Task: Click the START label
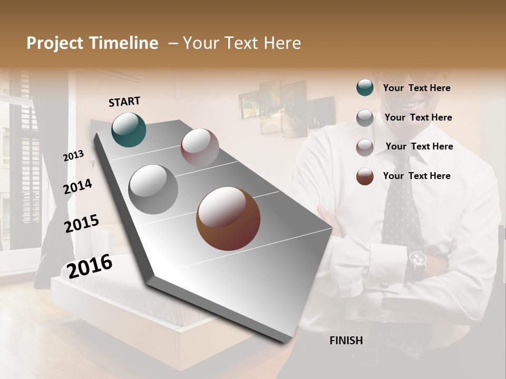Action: [x=124, y=102]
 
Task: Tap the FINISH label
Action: [x=346, y=341]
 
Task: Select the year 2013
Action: [x=73, y=155]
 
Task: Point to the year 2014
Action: [x=77, y=186]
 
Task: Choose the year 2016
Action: [x=90, y=266]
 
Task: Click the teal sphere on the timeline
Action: [x=129, y=129]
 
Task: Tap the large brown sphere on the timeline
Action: [x=228, y=218]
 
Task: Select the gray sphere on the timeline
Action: [x=153, y=189]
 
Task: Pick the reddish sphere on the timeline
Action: [x=200, y=147]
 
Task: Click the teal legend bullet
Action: [x=365, y=88]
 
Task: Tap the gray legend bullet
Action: [x=365, y=118]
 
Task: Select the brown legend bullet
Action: [x=365, y=176]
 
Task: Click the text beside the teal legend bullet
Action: [x=416, y=88]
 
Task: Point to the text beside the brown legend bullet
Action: [x=416, y=176]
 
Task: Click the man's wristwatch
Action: [x=417, y=258]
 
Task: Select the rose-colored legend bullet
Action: [x=365, y=147]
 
